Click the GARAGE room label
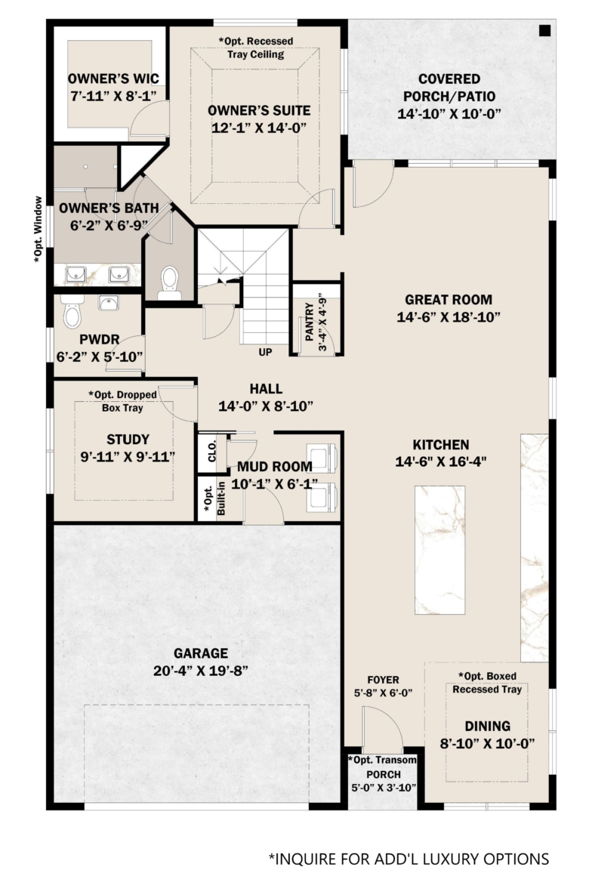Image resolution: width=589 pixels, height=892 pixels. tap(201, 653)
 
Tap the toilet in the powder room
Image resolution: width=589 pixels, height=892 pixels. tap(72, 311)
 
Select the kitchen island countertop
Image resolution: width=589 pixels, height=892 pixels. tap(439, 550)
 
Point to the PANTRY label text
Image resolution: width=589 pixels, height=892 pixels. tap(310, 322)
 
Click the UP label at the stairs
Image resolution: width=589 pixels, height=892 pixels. tap(266, 352)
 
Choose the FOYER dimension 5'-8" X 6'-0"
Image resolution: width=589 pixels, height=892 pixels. tap(383, 693)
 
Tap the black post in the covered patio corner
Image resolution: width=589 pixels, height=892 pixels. tap(544, 31)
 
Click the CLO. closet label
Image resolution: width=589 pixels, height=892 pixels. tap(212, 451)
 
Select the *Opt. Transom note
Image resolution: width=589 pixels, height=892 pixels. tap(383, 760)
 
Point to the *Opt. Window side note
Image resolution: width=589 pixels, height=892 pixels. tap(38, 230)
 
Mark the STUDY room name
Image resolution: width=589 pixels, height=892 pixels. tap(128, 439)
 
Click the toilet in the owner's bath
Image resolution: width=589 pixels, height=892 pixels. tap(169, 282)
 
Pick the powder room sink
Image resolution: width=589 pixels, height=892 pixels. tap(109, 303)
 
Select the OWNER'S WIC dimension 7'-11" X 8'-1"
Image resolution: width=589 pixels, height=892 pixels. tap(114, 95)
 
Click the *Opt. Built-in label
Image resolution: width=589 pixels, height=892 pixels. tap(214, 499)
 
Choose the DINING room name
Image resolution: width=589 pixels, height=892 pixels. tap(487, 726)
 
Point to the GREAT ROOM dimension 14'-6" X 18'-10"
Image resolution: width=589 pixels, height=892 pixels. tap(449, 316)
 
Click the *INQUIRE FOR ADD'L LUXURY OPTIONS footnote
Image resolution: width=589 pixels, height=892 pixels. tap(409, 859)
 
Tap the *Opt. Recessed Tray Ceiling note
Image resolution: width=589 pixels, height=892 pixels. tap(256, 48)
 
